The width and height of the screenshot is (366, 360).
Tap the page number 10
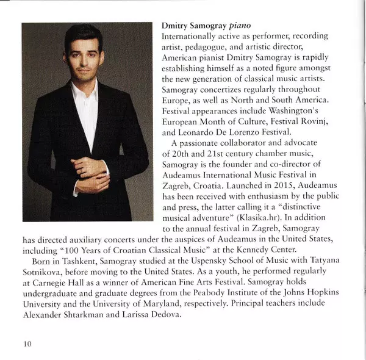(27, 344)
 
